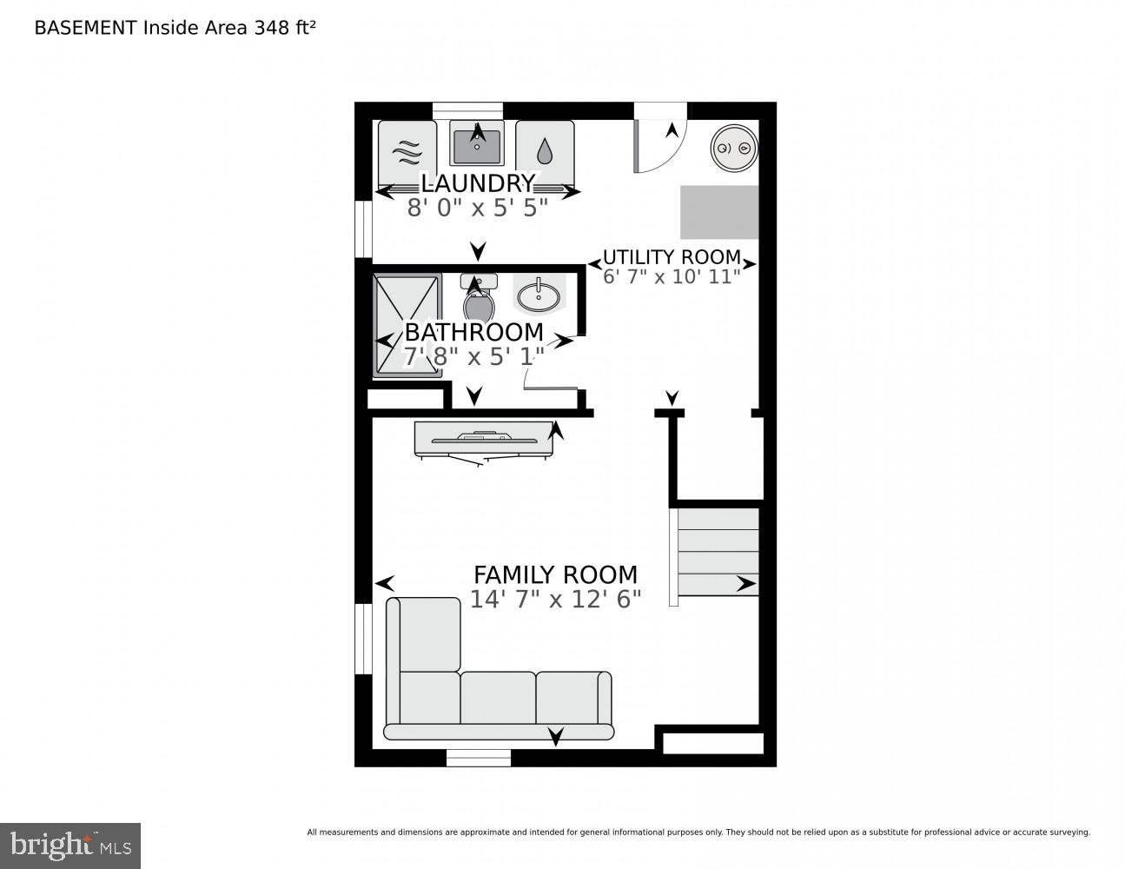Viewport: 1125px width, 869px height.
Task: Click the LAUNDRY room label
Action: (477, 183)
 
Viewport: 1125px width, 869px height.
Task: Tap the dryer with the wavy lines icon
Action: (407, 153)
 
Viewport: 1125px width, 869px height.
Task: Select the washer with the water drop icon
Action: (545, 153)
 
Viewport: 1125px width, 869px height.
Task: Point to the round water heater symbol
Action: (733, 149)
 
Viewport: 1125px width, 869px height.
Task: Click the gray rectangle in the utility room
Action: (718, 212)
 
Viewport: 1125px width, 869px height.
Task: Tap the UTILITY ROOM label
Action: (672, 257)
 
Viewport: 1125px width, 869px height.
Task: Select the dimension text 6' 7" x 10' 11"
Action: (672, 277)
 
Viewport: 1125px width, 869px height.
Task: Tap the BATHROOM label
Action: (474, 332)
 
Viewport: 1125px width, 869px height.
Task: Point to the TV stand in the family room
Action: (483, 438)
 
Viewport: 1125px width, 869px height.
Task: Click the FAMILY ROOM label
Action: (555, 575)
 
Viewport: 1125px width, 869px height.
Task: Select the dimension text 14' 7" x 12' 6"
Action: (555, 600)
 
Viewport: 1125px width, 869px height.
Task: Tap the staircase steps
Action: (718, 552)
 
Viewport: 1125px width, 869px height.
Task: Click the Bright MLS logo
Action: (70, 846)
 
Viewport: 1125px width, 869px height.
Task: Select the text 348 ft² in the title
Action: (284, 28)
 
